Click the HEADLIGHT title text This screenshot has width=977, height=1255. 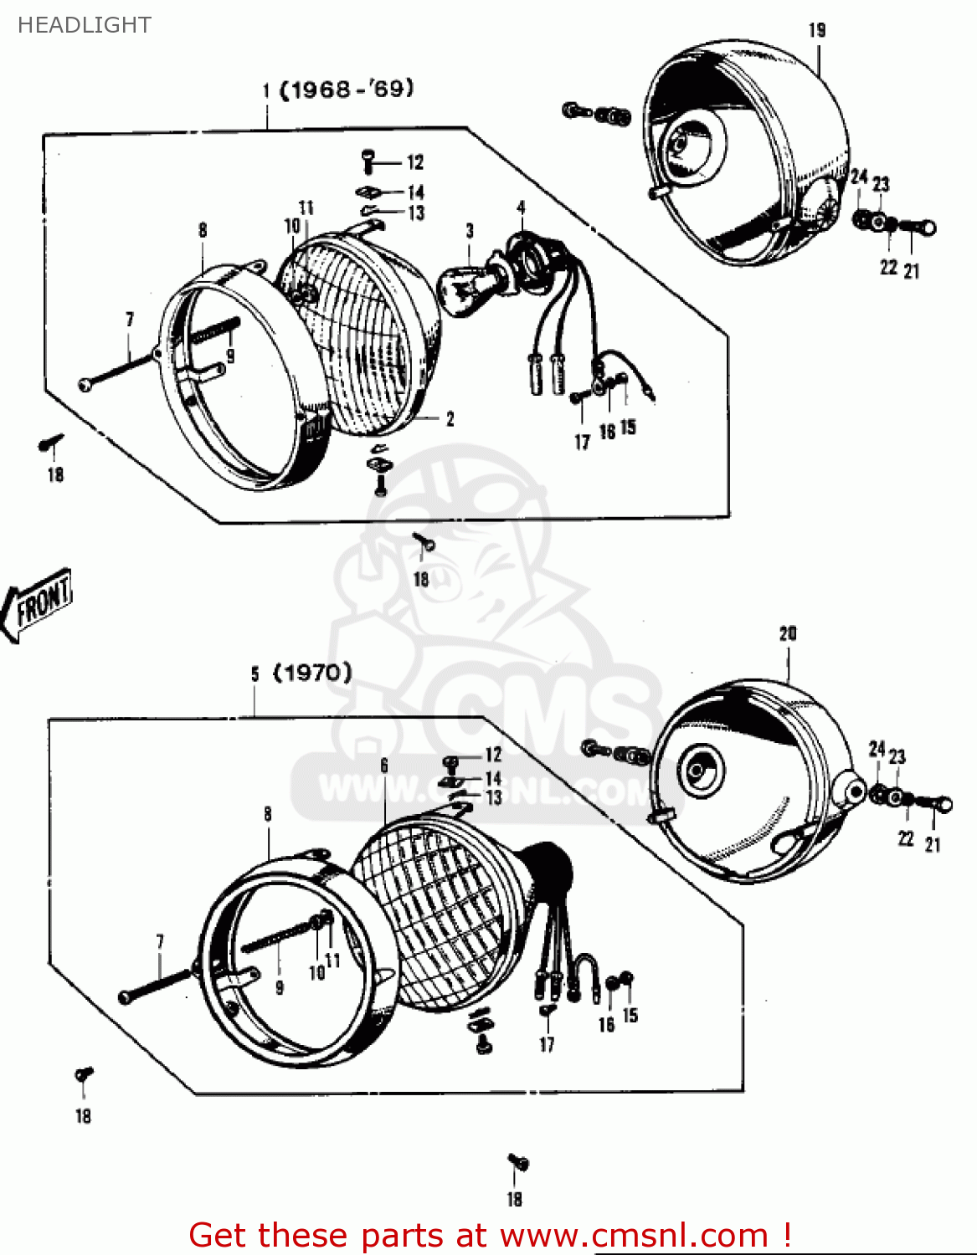(x=85, y=25)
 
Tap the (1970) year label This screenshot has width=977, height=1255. (x=312, y=673)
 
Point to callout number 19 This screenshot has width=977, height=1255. (x=817, y=30)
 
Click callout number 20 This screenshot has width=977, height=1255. (x=788, y=633)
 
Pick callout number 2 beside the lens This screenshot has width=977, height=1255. (x=450, y=418)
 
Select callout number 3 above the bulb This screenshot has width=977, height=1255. (x=470, y=230)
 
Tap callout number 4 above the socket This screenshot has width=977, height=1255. (x=521, y=207)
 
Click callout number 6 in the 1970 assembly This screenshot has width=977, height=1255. (x=384, y=765)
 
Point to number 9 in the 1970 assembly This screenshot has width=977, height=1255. (x=280, y=987)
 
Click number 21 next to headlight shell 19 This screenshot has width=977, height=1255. (x=912, y=270)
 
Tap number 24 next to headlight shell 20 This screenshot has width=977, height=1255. (x=877, y=748)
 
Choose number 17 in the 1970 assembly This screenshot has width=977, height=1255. (x=547, y=1044)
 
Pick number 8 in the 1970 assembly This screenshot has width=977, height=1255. (x=268, y=813)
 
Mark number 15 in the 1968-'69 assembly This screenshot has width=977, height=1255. (x=628, y=427)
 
